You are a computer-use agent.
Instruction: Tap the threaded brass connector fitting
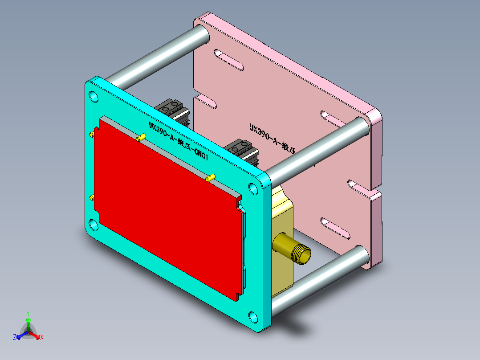pos(294,251)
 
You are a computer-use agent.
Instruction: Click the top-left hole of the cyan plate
pos(94,97)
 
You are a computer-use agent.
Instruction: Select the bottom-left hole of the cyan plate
pos(94,224)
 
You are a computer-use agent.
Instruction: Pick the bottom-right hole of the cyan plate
pos(253,317)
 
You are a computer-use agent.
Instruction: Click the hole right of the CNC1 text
pos(253,189)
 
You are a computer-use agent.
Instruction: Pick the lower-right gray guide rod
pos(321,278)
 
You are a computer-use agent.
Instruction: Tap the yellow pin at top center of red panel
pos(141,138)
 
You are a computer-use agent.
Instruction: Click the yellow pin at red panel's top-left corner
pos(92,134)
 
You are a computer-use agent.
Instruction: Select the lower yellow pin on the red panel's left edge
pos(92,197)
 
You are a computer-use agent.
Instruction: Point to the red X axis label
pos(42,337)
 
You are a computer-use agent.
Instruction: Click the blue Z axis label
pos(15,337)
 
